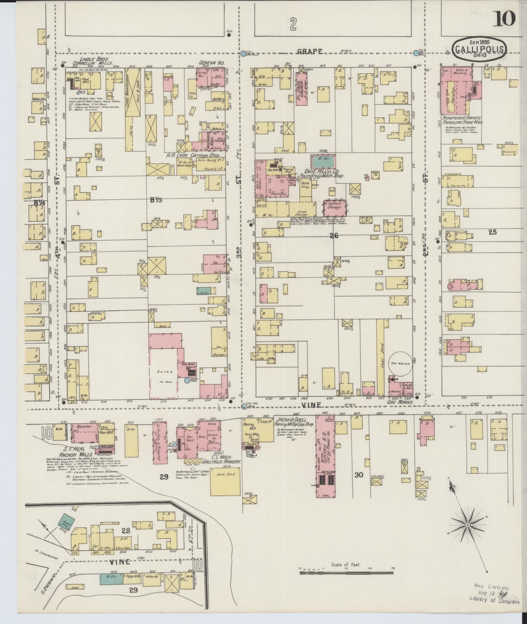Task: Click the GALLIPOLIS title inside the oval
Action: [480, 49]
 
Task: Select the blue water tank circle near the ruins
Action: [187, 380]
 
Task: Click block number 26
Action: [334, 236]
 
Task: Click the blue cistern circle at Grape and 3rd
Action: [243, 53]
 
